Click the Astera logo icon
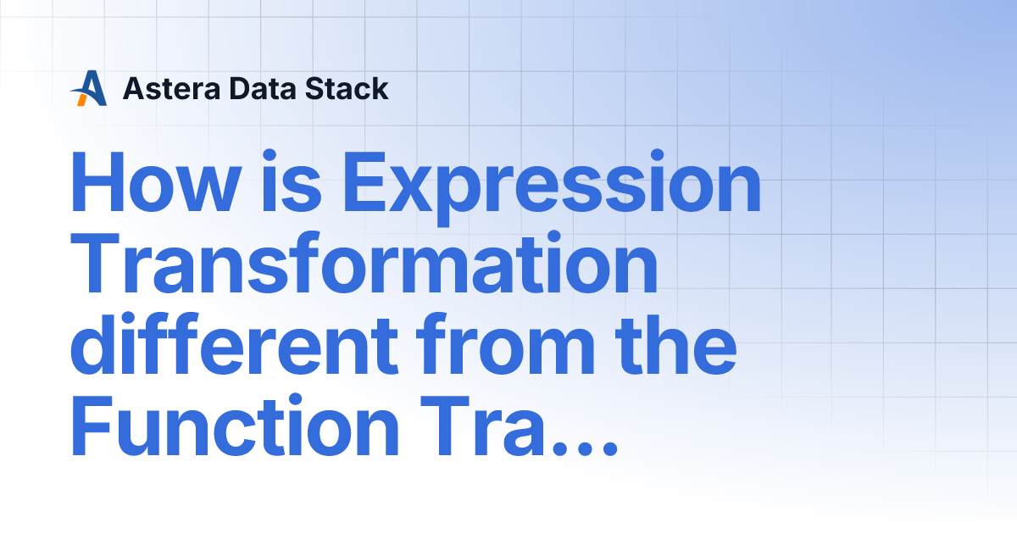89,88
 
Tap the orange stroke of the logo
82,98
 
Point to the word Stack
349,88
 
